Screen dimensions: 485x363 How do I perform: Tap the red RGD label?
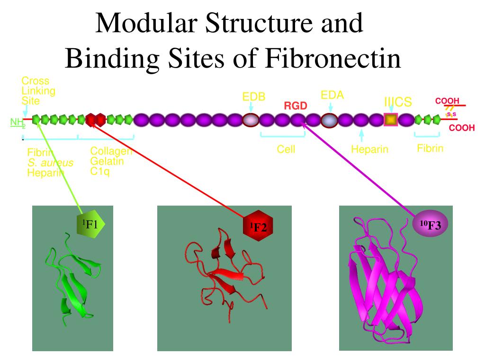tap(296, 106)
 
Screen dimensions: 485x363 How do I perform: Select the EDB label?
tap(254, 97)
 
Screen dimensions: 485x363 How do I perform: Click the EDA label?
tap(332, 95)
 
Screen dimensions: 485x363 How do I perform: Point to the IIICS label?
tap(398, 102)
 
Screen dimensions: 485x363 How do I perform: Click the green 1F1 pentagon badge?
tap(90, 224)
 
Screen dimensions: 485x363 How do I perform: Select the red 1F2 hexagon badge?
tap(259, 227)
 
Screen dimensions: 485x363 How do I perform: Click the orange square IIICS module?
tap(390, 120)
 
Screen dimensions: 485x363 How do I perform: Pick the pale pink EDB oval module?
tap(251, 120)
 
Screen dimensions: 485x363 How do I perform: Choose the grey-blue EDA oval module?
tap(329, 121)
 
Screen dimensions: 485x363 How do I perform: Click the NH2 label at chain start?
tap(18, 123)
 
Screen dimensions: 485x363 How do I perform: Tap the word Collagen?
tap(111, 151)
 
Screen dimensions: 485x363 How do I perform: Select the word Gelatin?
tap(107, 161)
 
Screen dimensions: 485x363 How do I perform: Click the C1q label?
tap(100, 171)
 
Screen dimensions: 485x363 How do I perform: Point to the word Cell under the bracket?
tap(286, 149)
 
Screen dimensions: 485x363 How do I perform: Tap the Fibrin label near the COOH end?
tap(430, 148)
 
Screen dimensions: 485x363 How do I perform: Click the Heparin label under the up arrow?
tap(369, 149)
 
